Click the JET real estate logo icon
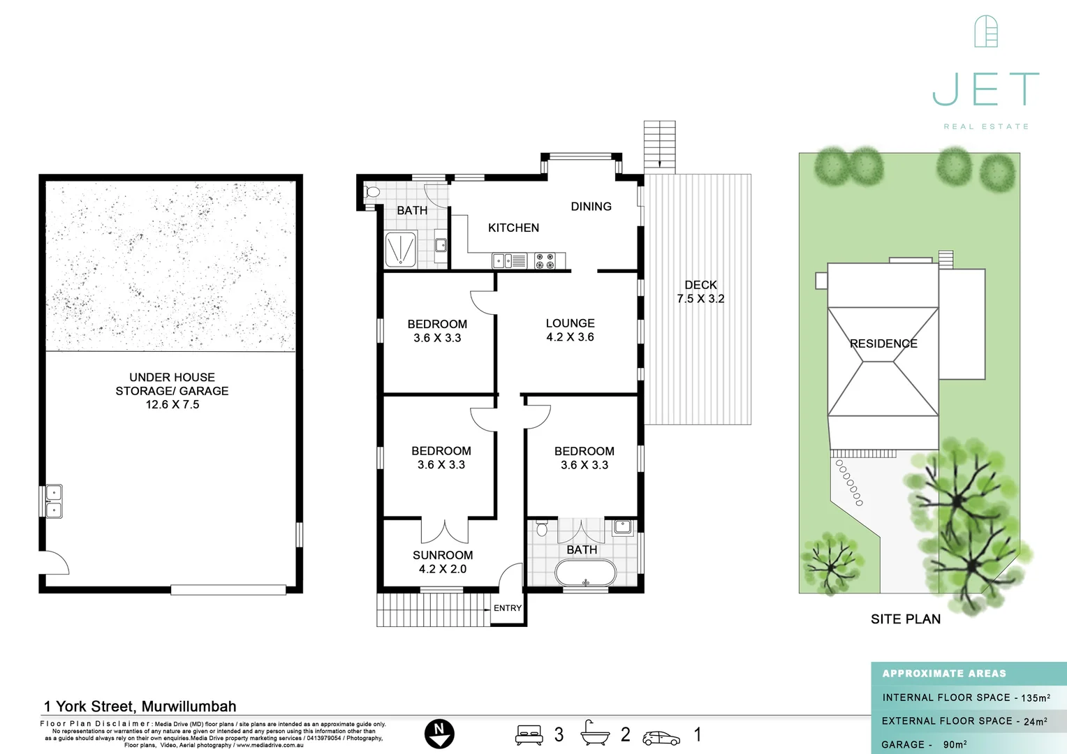[985, 31]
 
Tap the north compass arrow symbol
[439, 734]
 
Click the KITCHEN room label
[513, 228]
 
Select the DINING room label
[591, 207]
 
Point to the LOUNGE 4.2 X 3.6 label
[570, 330]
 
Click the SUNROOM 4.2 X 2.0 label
[443, 562]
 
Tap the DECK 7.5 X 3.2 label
[700, 292]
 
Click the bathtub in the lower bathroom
[585, 574]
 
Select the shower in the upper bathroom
[401, 249]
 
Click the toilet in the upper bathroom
[372, 192]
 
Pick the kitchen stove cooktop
[545, 261]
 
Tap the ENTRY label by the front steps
[508, 608]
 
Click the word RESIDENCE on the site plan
[883, 343]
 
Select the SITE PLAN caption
[905, 619]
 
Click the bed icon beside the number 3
[529, 735]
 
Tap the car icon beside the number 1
[661, 738]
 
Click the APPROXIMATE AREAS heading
[944, 674]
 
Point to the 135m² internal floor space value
[1036, 697]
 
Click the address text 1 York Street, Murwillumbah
[140, 707]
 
